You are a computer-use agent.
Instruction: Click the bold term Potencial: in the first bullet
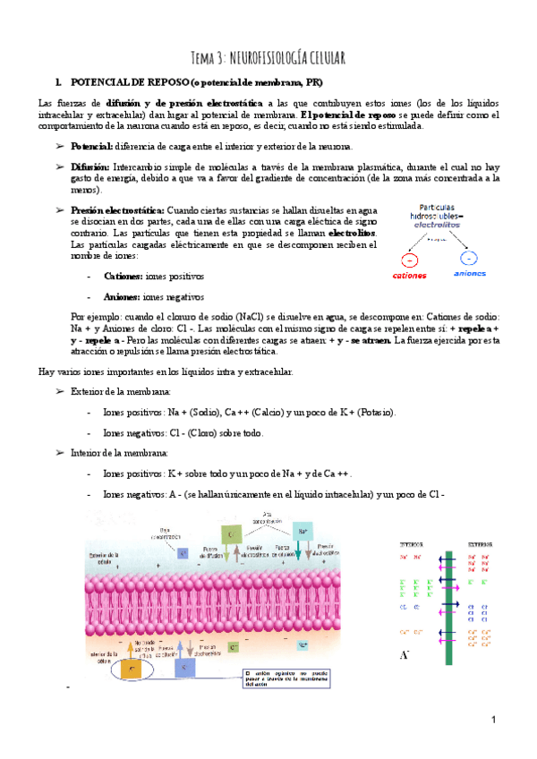92,147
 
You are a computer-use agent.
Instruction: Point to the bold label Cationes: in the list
123,277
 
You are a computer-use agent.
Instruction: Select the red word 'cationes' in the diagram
410,276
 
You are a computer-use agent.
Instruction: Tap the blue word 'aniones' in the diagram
470,275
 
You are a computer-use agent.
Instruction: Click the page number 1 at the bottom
492,721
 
